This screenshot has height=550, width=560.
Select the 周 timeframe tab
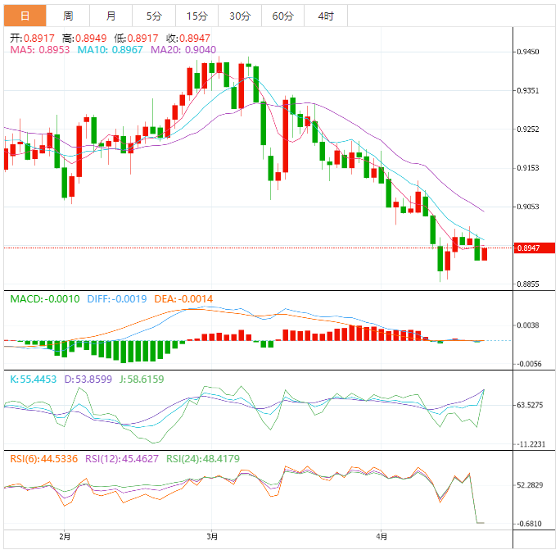click(x=68, y=16)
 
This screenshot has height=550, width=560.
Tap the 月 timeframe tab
click(x=111, y=16)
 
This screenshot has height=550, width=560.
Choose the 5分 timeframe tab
click(x=154, y=16)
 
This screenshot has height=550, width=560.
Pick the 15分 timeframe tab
click(x=196, y=16)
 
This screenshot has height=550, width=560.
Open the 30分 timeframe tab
click(x=240, y=16)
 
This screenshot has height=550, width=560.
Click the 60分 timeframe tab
click(x=282, y=16)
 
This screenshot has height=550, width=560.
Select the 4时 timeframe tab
click(x=325, y=16)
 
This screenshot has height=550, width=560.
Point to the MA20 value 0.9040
click(x=200, y=50)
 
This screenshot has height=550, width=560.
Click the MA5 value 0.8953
click(x=55, y=50)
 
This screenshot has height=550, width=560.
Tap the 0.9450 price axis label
click(x=528, y=52)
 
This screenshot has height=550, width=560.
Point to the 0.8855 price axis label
click(x=528, y=284)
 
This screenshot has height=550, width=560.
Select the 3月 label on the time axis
click(x=212, y=536)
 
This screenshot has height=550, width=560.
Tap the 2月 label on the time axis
click(x=65, y=536)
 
